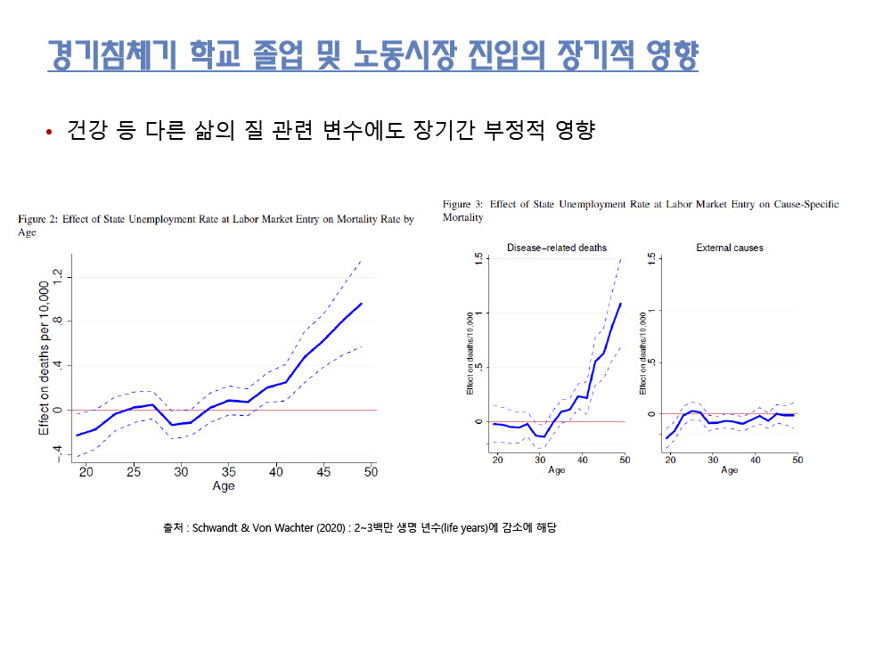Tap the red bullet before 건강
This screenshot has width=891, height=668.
(x=49, y=133)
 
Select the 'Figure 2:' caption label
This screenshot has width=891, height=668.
(x=38, y=219)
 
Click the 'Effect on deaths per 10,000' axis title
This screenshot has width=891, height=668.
(x=44, y=358)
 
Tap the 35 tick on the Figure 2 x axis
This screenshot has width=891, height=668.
(x=228, y=471)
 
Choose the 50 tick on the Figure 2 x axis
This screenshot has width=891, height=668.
(x=370, y=471)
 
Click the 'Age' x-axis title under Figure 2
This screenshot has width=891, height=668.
(x=224, y=486)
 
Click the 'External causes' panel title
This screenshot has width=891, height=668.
(x=729, y=248)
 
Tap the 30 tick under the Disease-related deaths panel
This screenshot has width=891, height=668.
(x=539, y=460)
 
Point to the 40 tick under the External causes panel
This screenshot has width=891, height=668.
(x=755, y=460)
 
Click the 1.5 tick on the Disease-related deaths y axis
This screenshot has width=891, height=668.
(x=478, y=259)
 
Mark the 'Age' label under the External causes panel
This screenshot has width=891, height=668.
(x=729, y=470)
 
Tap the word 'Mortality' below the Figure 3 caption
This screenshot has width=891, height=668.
(x=462, y=217)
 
